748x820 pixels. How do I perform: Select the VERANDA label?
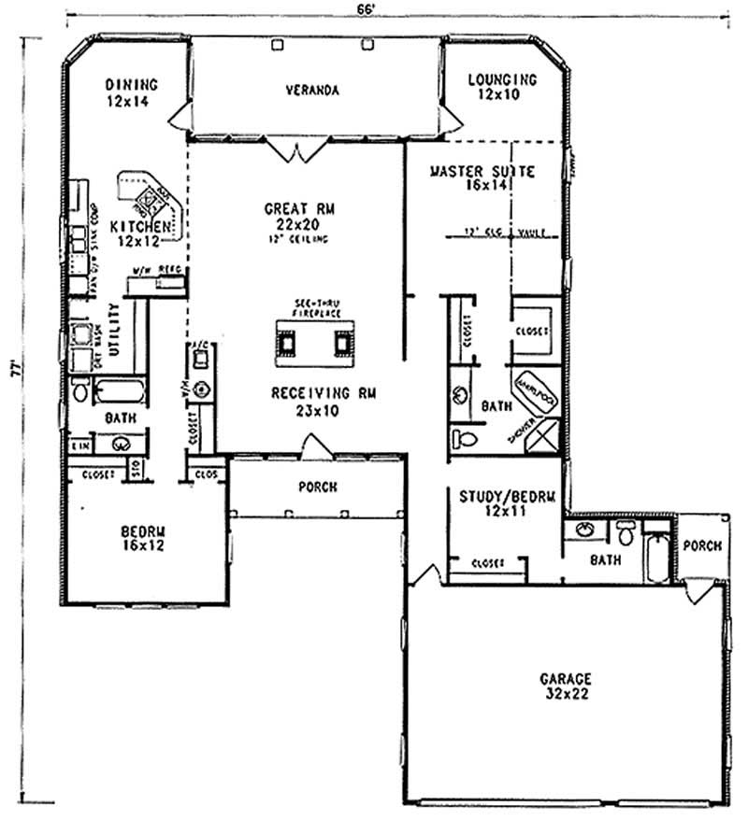click(311, 91)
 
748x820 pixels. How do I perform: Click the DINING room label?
click(130, 81)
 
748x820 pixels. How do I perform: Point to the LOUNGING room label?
click(501, 81)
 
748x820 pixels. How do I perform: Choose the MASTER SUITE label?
click(482, 172)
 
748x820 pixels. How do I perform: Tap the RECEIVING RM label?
click(312, 393)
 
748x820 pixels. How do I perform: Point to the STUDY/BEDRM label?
click(506, 497)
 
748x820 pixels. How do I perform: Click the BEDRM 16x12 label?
click(142, 532)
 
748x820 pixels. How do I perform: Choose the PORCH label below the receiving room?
click(318, 487)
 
